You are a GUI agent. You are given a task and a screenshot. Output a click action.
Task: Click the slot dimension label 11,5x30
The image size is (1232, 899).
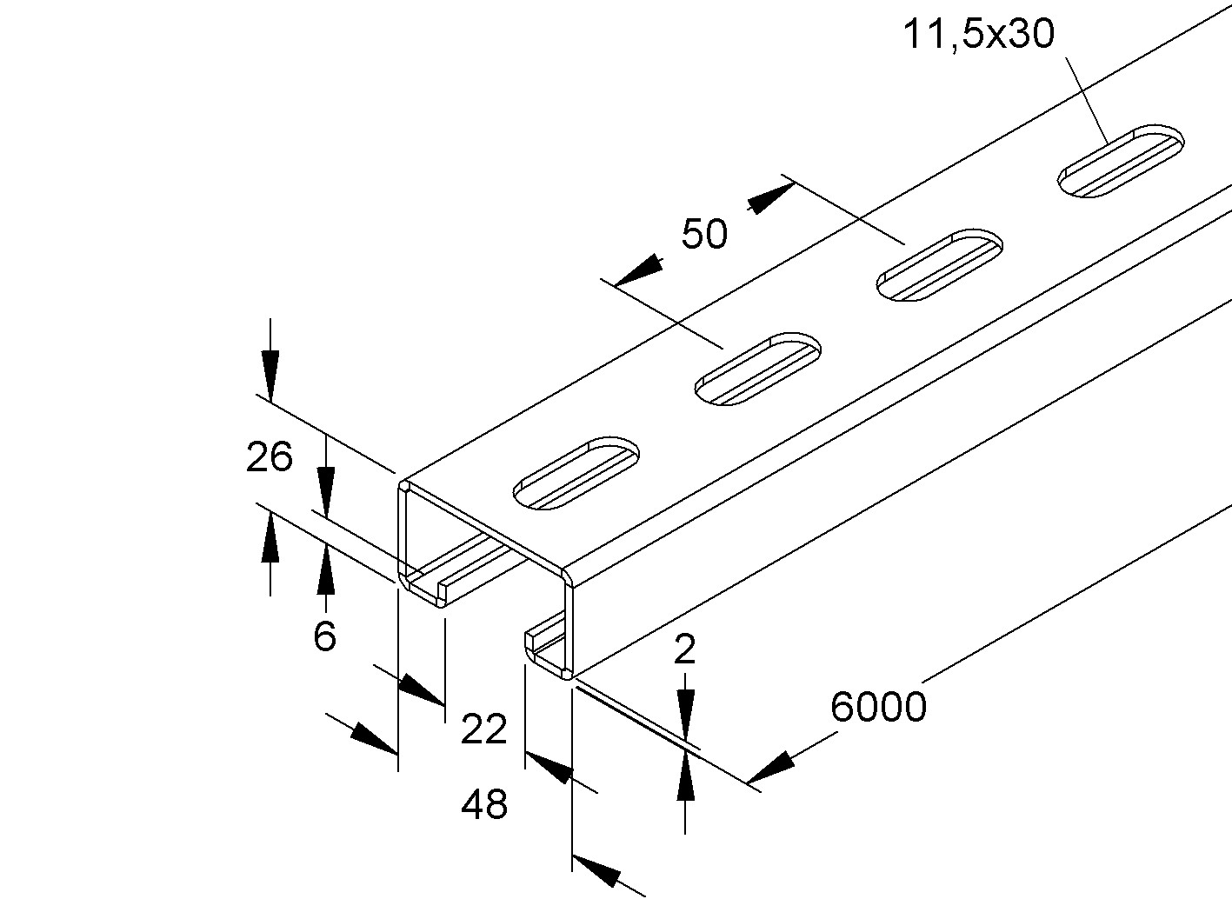(979, 34)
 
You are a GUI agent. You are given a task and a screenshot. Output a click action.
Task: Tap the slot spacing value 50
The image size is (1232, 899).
(704, 234)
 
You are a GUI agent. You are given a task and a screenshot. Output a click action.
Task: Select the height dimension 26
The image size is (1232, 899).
(269, 457)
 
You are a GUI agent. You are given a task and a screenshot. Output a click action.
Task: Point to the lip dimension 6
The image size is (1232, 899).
(324, 636)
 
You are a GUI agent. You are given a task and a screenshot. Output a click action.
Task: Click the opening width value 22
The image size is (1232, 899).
(484, 729)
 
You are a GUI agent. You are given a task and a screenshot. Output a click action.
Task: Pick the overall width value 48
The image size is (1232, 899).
(484, 804)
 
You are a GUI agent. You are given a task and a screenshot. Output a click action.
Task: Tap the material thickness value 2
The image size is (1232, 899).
(685, 649)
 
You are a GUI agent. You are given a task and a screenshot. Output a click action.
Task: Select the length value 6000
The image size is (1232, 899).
(878, 707)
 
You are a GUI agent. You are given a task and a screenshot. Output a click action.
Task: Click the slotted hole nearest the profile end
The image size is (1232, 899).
(576, 474)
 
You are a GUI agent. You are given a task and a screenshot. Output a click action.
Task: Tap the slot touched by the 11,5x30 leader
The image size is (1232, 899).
(1121, 161)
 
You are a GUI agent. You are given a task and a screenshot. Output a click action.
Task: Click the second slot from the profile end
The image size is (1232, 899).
(758, 369)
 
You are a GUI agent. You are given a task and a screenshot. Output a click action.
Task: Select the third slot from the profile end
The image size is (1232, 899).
(939, 264)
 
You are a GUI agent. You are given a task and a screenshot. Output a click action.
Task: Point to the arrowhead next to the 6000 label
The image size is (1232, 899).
(770, 769)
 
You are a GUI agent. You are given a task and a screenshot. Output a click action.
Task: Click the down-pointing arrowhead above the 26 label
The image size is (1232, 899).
(270, 375)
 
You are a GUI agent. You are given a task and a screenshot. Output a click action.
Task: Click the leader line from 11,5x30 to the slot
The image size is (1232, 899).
(1086, 101)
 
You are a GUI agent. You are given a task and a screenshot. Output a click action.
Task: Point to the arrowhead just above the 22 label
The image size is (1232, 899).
(421, 689)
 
